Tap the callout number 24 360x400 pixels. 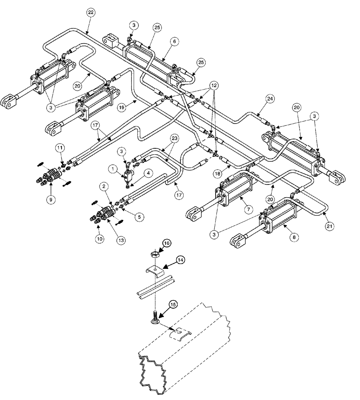[x=270, y=98]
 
